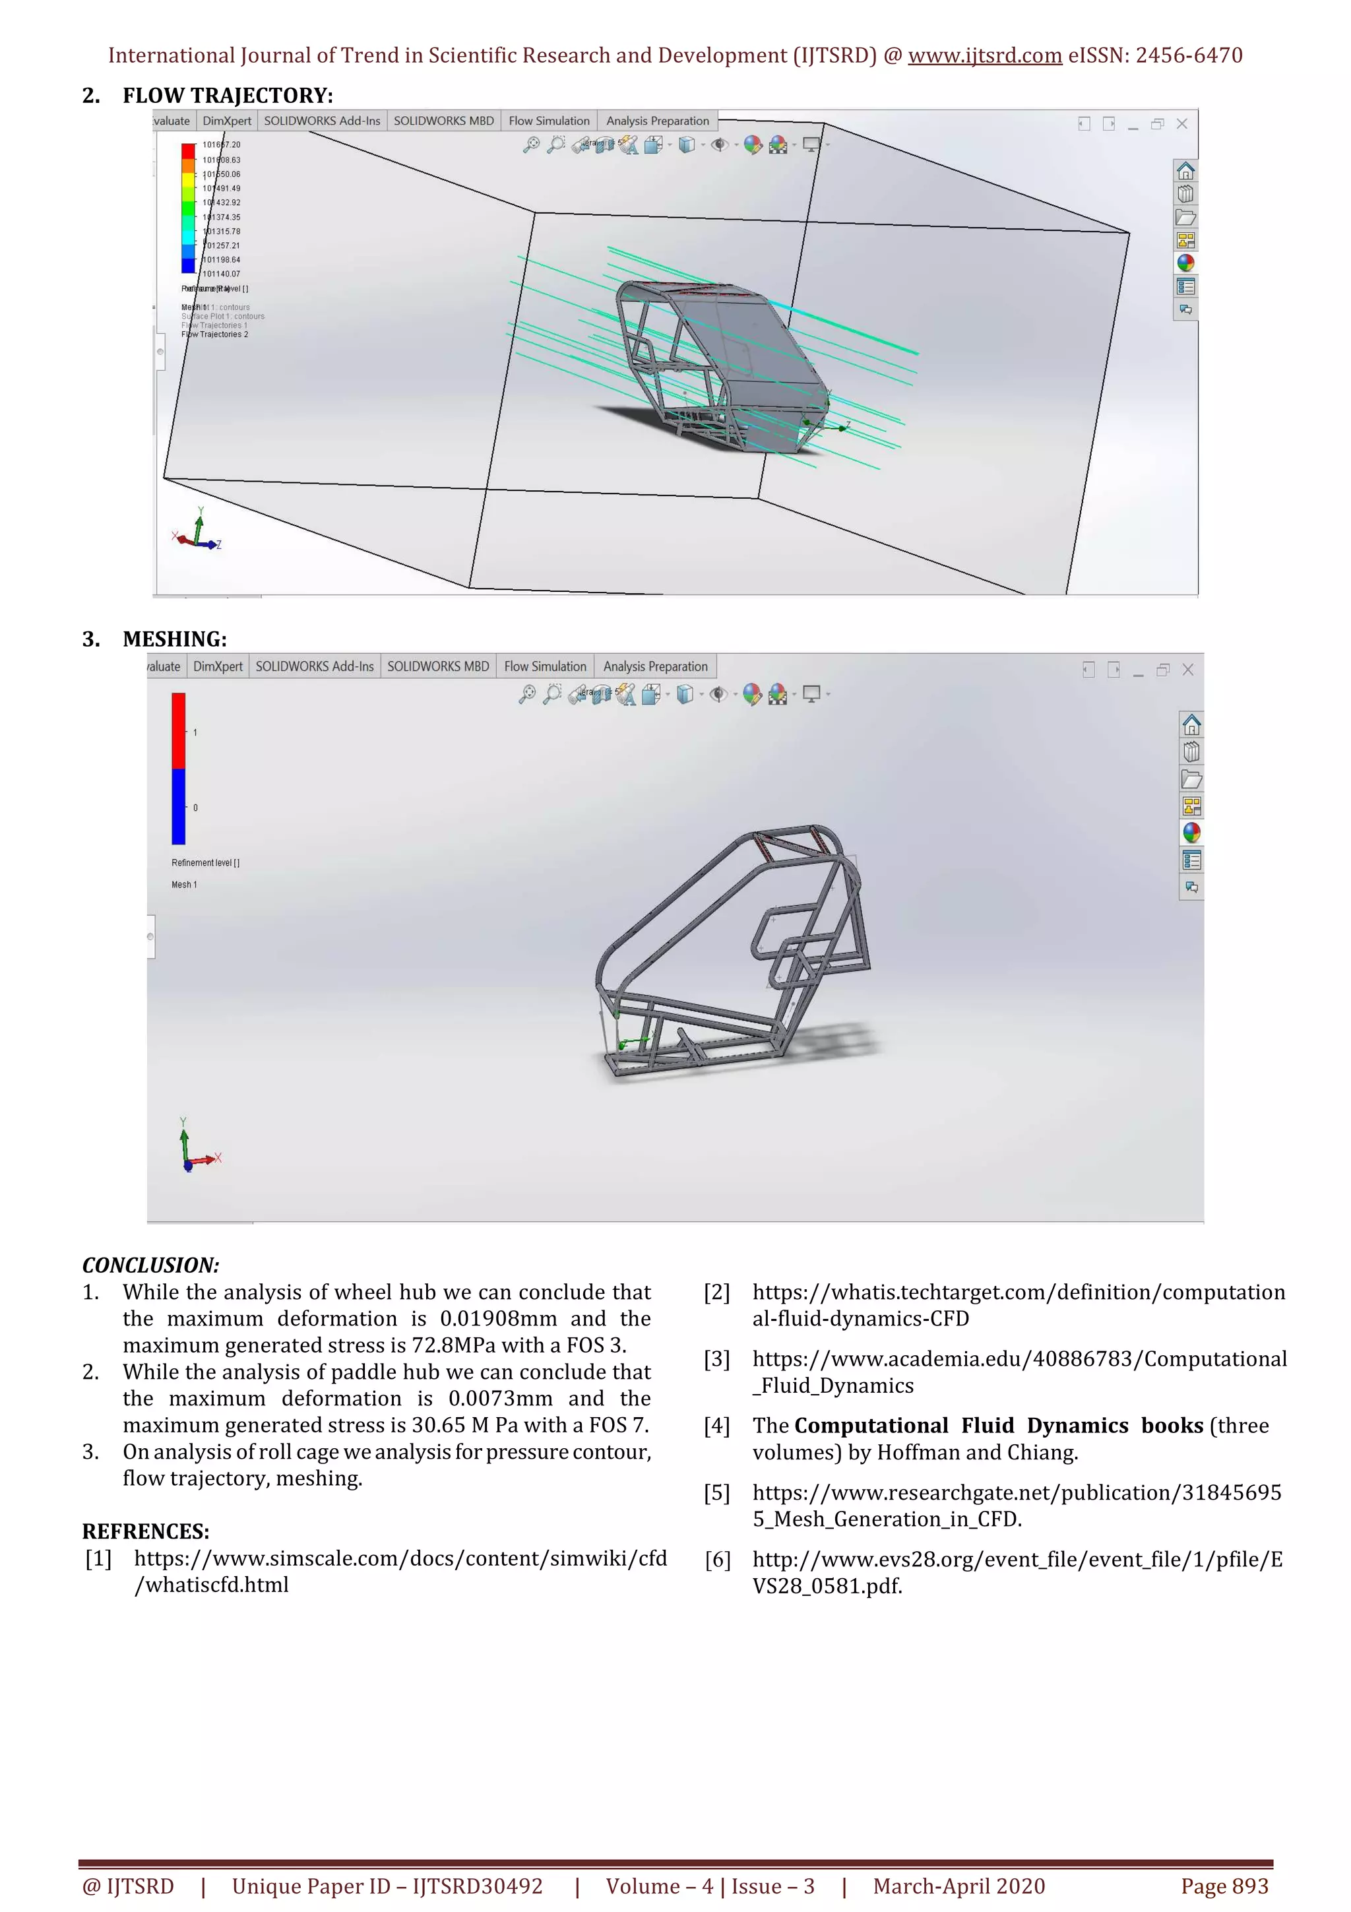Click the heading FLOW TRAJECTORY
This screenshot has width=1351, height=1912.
[226, 96]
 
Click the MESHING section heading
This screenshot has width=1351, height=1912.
[174, 639]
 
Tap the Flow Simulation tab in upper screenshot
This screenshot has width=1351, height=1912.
[549, 121]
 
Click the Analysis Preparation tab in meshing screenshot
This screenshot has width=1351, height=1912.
[655, 666]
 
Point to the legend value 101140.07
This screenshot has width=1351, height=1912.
[222, 274]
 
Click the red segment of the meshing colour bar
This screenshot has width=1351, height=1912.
[178, 730]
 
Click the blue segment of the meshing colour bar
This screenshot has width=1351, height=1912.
[178, 806]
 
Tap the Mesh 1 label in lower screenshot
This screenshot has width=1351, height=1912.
[184, 884]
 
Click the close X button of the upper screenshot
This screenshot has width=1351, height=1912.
[1181, 124]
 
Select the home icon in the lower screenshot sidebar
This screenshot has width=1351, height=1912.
[1191, 724]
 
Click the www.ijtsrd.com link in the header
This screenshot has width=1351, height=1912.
[985, 56]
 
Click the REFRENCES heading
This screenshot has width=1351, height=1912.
[146, 1531]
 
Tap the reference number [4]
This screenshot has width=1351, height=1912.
[716, 1426]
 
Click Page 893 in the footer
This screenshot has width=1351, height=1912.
[1224, 1886]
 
